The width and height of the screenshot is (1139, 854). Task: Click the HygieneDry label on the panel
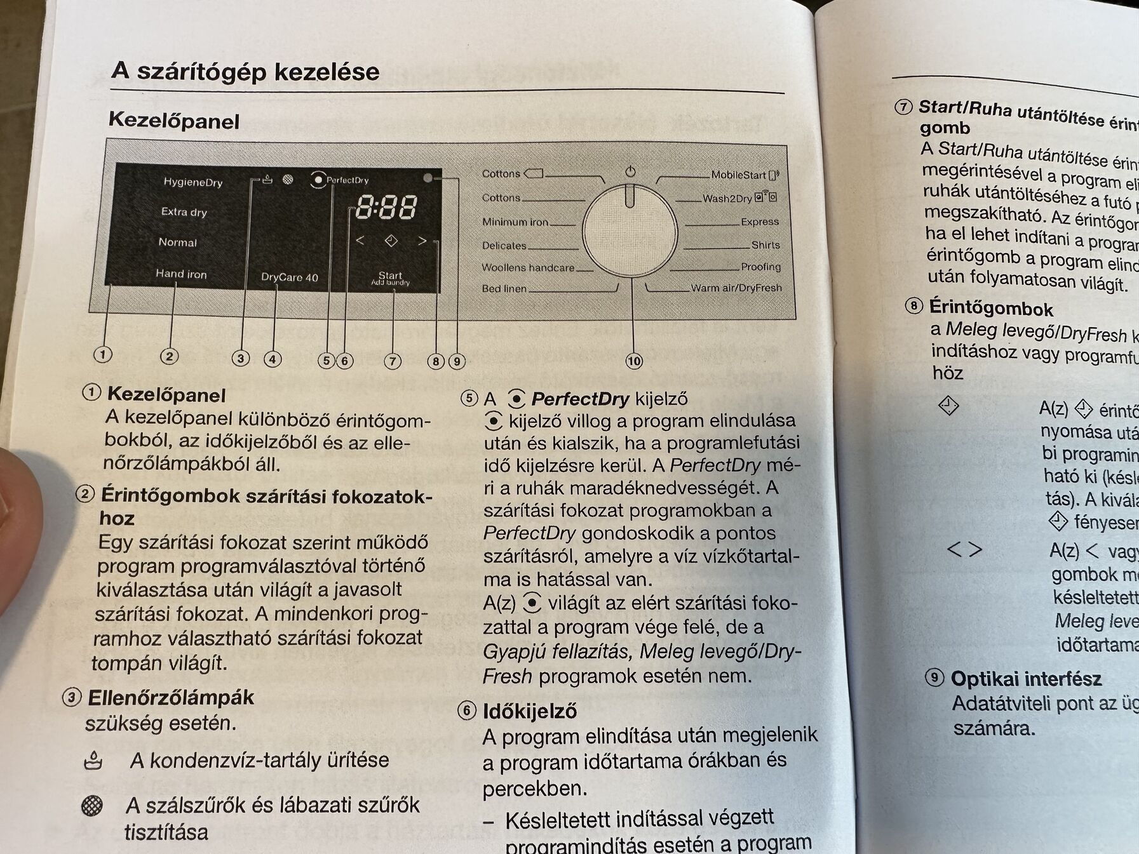click(x=193, y=182)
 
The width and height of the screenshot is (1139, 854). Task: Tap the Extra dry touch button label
click(x=184, y=212)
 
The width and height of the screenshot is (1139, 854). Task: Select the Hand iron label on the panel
click(x=181, y=274)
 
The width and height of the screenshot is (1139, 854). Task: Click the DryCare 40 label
click(x=289, y=277)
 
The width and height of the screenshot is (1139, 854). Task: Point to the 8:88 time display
click(x=386, y=208)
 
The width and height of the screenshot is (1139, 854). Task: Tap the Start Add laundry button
click(x=390, y=278)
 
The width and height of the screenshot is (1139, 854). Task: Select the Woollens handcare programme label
click(x=527, y=268)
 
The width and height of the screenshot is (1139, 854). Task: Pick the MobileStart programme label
click(x=738, y=175)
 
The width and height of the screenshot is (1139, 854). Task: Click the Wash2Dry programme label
click(x=727, y=199)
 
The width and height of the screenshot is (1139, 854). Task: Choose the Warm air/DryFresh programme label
click(x=736, y=288)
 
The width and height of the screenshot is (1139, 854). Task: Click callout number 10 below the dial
click(x=634, y=361)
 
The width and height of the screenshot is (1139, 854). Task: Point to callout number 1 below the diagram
click(x=102, y=354)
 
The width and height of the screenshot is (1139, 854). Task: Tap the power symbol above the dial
click(x=630, y=172)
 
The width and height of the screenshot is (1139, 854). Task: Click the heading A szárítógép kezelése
click(x=245, y=71)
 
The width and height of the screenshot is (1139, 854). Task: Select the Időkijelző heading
click(x=529, y=711)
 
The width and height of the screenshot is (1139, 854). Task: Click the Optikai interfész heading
click(x=1025, y=679)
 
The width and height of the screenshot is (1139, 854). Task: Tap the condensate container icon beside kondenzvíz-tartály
click(x=93, y=760)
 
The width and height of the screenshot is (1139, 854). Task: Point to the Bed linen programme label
click(x=504, y=289)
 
